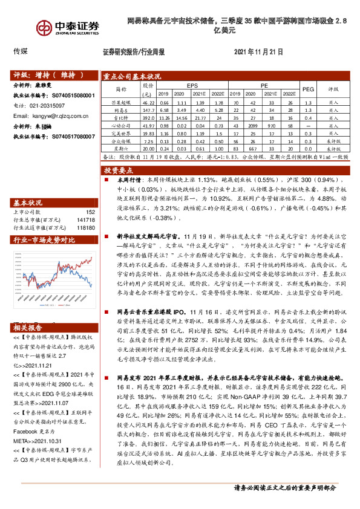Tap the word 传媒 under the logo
(21, 51)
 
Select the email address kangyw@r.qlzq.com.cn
(56, 115)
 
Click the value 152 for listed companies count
(91, 212)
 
